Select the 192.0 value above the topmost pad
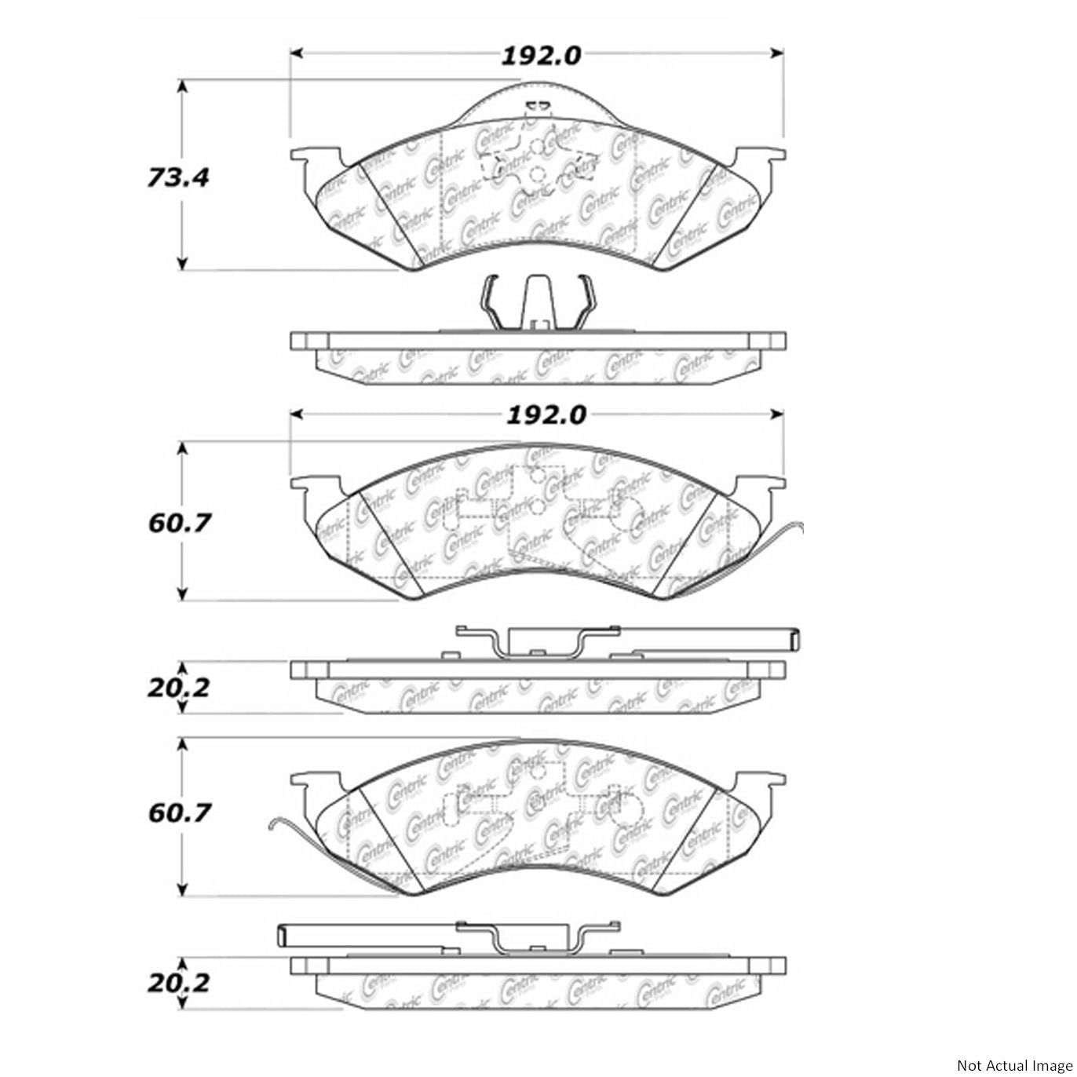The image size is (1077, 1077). click(x=541, y=55)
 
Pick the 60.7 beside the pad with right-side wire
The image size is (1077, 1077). click(x=180, y=522)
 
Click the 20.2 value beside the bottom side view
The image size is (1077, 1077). click(x=179, y=982)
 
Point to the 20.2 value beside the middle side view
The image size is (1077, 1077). click(x=179, y=688)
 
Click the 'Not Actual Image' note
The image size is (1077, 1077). click(x=1012, y=1065)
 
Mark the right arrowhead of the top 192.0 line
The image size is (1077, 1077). click(x=778, y=53)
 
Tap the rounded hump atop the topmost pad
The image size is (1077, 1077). click(x=538, y=98)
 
